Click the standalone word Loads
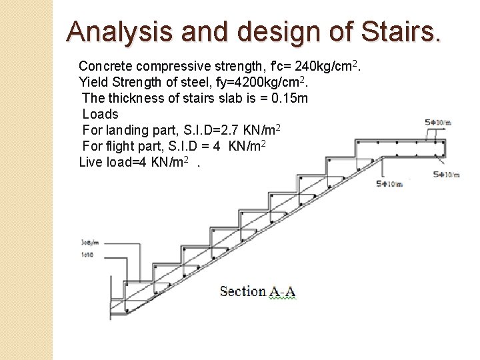(100, 114)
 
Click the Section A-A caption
(258, 291)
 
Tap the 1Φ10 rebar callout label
(87, 254)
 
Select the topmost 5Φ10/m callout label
(438, 122)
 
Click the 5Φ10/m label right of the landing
(446, 175)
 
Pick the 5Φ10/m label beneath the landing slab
(389, 184)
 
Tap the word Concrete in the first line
(105, 66)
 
